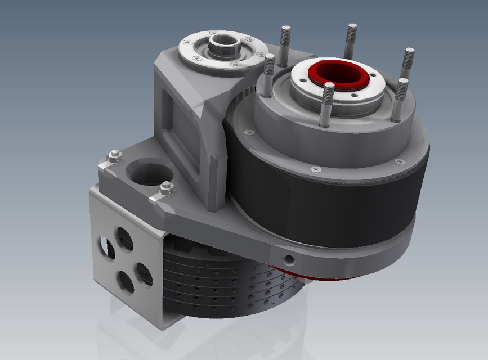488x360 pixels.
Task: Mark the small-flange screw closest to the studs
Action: pos(260,55)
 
